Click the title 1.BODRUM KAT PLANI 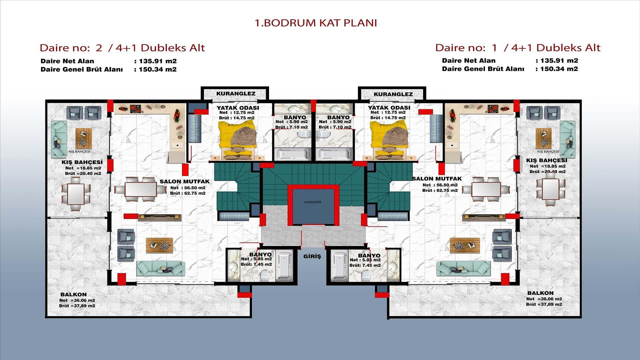pos(316,23)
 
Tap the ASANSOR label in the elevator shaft pos(313,202)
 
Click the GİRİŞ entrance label pos(312,256)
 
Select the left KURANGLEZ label pos(236,94)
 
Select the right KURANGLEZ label pos(393,94)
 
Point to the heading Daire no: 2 pos(71,48)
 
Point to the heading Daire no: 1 pos(466,48)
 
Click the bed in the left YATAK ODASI pos(238,139)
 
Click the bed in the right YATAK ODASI pos(389,139)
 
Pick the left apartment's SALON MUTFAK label pos(185,182)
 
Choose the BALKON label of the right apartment pos(540,293)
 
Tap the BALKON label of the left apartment pos(74,295)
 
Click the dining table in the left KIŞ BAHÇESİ pos(76,194)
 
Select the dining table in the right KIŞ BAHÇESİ pos(550,189)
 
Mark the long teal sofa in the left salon pos(161,268)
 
